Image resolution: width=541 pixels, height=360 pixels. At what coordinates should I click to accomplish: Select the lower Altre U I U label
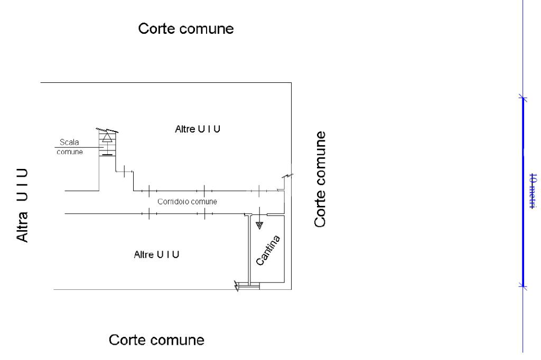click(157, 255)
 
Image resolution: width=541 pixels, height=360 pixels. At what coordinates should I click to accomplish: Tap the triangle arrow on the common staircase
click(107, 137)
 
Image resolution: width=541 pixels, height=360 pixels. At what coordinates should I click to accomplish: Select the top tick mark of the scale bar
click(523, 98)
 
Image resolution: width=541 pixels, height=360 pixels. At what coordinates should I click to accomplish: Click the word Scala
click(70, 143)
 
